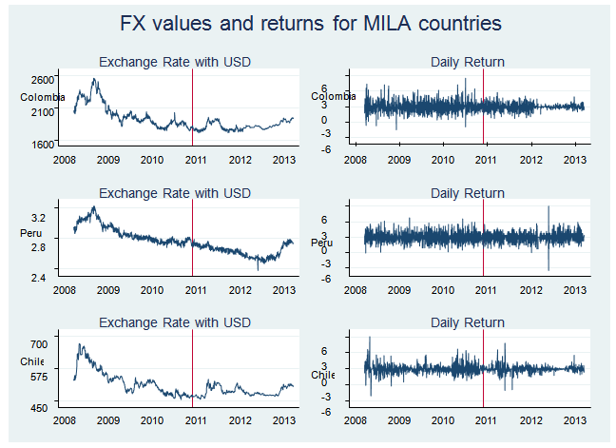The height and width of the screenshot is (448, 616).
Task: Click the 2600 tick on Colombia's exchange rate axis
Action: coord(44,78)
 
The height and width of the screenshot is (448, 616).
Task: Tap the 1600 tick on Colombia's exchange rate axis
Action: coord(44,145)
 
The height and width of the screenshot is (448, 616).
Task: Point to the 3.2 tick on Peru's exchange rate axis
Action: coord(49,206)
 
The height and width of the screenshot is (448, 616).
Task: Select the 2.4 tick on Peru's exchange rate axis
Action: coord(49,278)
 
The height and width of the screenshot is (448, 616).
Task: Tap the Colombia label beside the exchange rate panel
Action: coord(42,97)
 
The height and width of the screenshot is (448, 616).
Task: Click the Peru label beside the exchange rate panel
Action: coord(30,232)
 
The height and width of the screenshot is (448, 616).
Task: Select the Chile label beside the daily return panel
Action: coord(323,375)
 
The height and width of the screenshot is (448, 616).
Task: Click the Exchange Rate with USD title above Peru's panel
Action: coord(175,193)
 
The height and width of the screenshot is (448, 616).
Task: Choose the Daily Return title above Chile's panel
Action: coord(468,323)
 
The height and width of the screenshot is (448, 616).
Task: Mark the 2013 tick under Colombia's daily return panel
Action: coord(573,160)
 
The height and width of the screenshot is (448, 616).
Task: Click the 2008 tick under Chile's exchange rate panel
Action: coord(65,421)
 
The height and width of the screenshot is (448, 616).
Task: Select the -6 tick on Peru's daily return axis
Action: coord(352,279)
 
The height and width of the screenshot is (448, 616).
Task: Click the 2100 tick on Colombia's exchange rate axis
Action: coord(44,112)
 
